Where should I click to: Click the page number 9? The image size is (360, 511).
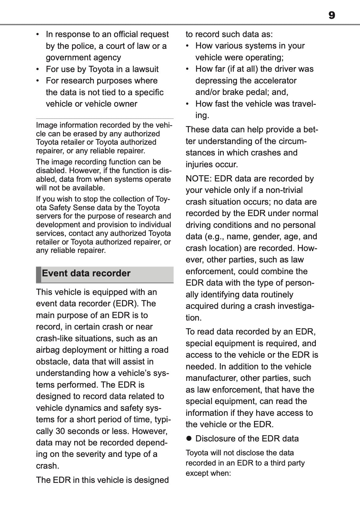click(332, 15)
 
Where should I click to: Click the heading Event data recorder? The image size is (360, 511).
click(86, 273)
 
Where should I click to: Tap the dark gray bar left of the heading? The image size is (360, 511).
click(38, 275)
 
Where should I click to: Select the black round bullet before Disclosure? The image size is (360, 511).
click(189, 439)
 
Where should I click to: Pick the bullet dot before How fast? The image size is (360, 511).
click(188, 104)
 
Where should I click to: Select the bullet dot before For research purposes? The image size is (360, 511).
click(38, 81)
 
